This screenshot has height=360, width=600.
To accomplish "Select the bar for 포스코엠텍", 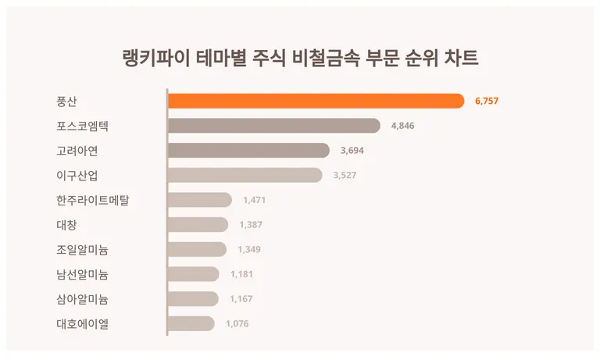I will [274, 126].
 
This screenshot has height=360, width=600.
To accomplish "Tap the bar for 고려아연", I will [248, 151].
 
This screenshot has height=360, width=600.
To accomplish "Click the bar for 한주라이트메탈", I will [200, 200].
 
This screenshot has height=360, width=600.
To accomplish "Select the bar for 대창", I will [198, 225].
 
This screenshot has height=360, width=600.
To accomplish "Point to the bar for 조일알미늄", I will [198, 249].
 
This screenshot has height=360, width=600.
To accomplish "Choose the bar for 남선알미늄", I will [194, 274].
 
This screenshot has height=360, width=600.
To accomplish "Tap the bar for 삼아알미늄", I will [193, 298].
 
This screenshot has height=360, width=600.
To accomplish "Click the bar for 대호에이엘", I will [191, 323].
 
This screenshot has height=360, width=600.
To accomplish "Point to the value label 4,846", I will [404, 126].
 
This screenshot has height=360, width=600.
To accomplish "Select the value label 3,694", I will [352, 151].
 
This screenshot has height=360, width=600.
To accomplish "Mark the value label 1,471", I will [255, 201].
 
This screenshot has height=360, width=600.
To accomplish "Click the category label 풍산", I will [68, 102].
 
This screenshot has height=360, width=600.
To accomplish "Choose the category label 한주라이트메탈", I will [93, 201].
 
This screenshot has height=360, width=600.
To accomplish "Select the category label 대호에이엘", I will [83, 323].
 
